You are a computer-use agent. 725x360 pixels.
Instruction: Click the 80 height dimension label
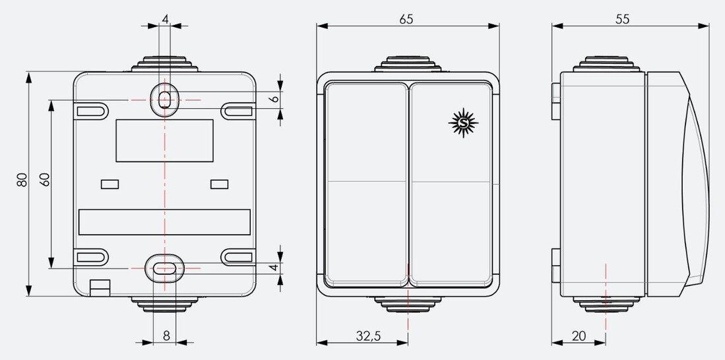pos(22,180)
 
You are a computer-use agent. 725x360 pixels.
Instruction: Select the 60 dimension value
pos(45,180)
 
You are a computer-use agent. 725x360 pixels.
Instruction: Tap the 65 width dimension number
pos(406,19)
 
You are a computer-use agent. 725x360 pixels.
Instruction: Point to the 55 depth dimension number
pos(622,19)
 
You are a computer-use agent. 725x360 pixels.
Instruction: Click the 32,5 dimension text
pos(368,336)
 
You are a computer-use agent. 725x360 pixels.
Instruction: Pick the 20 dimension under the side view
pos(579,336)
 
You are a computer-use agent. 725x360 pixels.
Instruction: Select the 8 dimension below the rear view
pos(166,336)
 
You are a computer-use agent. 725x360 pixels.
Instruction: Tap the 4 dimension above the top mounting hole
pos(165,19)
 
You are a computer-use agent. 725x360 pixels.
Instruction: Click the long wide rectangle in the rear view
pos(164,222)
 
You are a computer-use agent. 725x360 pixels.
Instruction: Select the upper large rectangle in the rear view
pos(164,140)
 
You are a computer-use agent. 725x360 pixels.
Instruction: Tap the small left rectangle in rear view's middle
pos(110,184)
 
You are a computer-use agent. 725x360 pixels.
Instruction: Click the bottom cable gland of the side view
pos(605,304)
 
